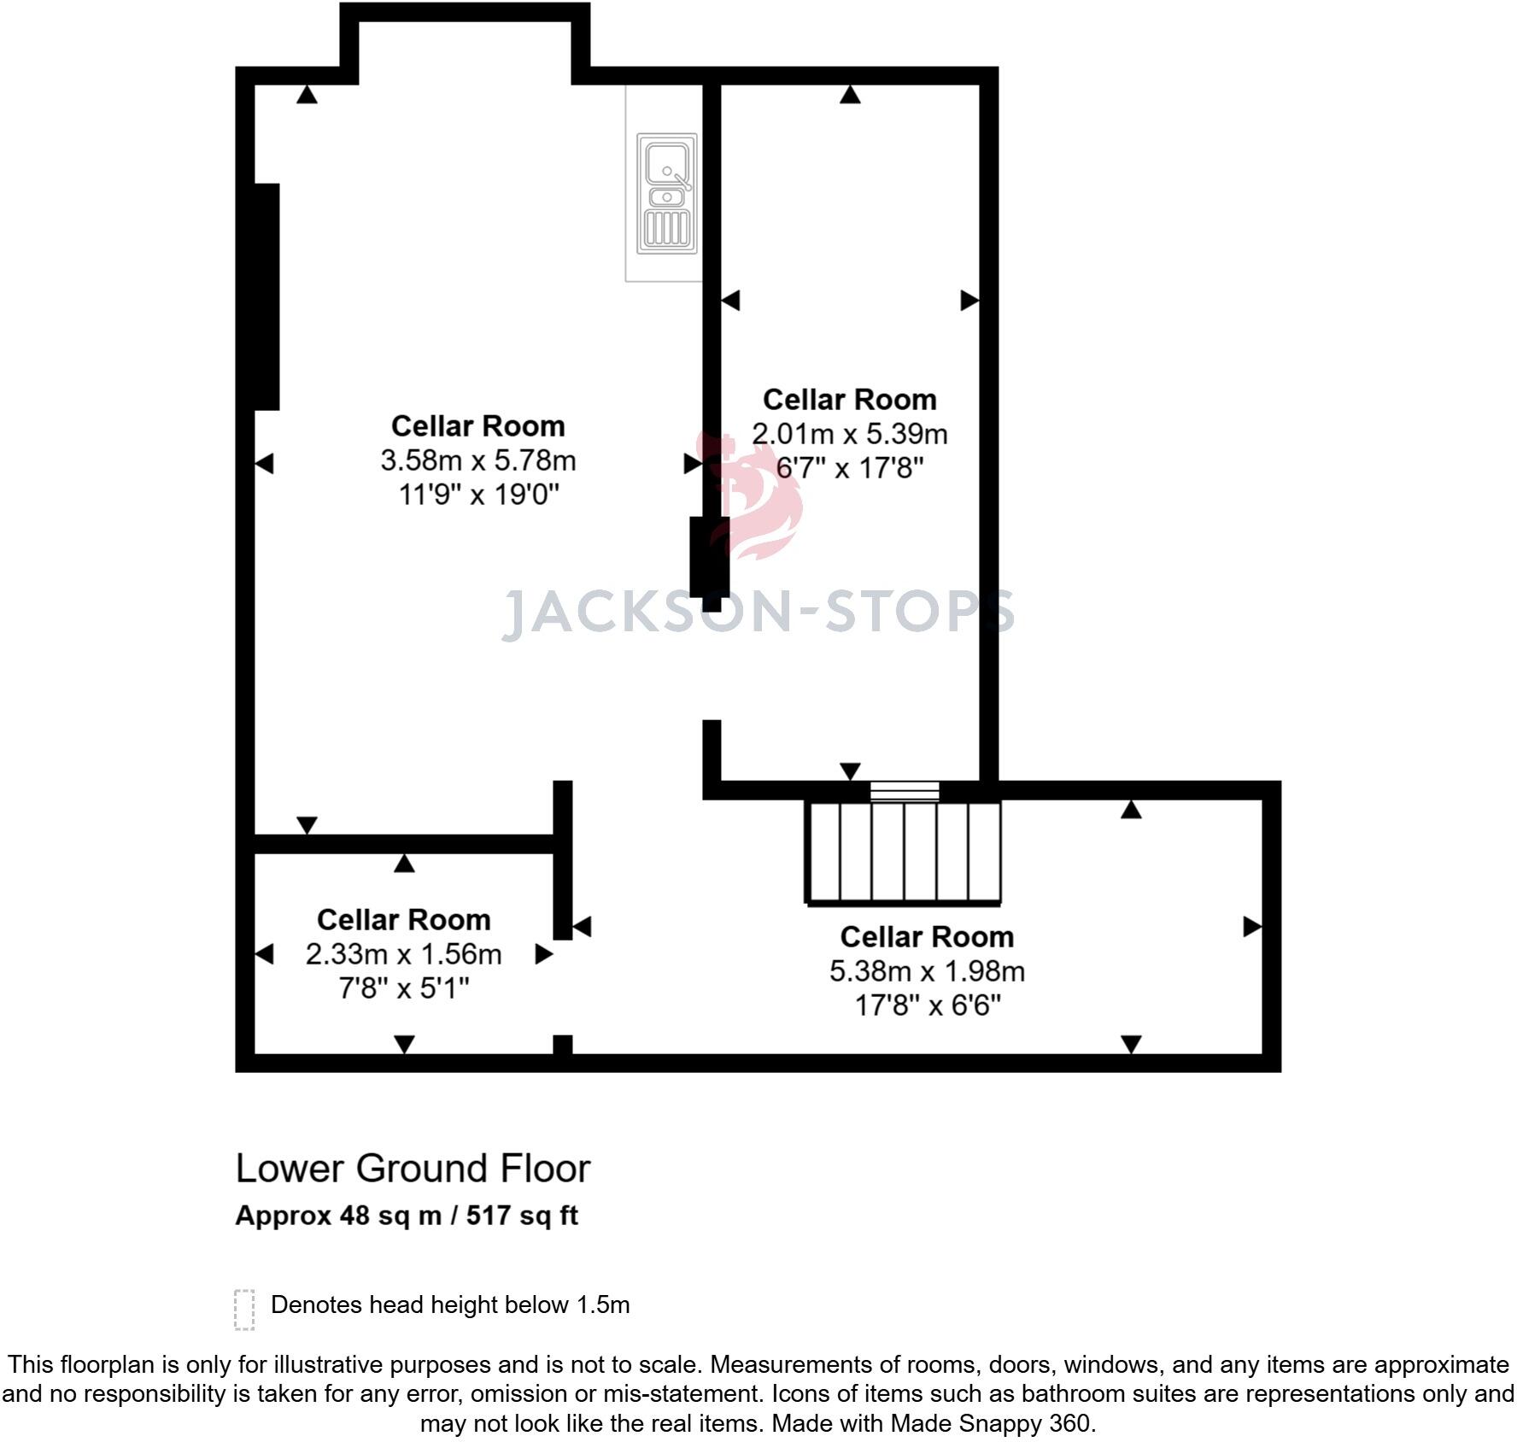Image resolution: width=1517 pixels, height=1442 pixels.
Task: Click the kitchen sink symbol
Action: point(667,193)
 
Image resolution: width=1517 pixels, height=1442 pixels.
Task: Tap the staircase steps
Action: point(904,852)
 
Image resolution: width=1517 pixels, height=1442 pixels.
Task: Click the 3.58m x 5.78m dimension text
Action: point(478,460)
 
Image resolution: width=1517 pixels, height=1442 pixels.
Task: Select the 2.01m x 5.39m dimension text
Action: point(849,434)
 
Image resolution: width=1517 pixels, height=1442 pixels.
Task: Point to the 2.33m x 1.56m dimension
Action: point(403,954)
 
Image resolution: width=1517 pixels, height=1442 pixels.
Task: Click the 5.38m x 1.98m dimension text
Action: point(927,971)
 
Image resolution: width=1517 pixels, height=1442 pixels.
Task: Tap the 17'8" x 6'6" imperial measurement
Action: point(927,1005)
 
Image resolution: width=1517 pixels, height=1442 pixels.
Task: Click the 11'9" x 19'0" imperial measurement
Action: point(478,495)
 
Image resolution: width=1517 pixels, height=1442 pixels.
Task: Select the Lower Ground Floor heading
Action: point(413,1169)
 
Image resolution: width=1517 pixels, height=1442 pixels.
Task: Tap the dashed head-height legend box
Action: point(244,1310)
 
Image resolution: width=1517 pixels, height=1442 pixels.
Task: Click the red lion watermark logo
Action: point(752,495)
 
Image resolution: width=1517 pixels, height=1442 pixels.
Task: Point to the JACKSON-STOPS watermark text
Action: point(758,613)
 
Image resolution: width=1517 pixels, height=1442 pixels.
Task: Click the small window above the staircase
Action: point(905,791)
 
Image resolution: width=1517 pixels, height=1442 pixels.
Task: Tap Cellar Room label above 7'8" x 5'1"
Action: point(403,920)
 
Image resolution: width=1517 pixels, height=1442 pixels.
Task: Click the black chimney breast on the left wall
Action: point(266,296)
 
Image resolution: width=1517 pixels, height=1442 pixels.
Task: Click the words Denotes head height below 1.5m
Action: point(450,1304)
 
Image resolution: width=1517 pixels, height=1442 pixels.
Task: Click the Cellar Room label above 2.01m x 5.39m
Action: point(849,400)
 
